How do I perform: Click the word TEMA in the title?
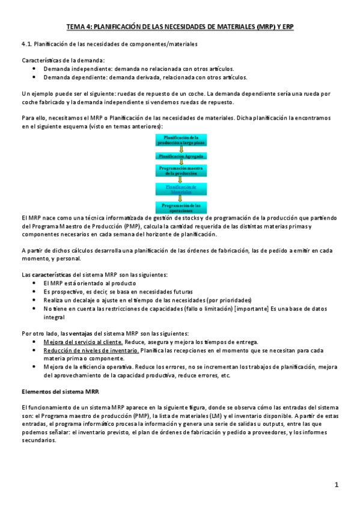[x=76, y=27]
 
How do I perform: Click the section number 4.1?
[x=26, y=45]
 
